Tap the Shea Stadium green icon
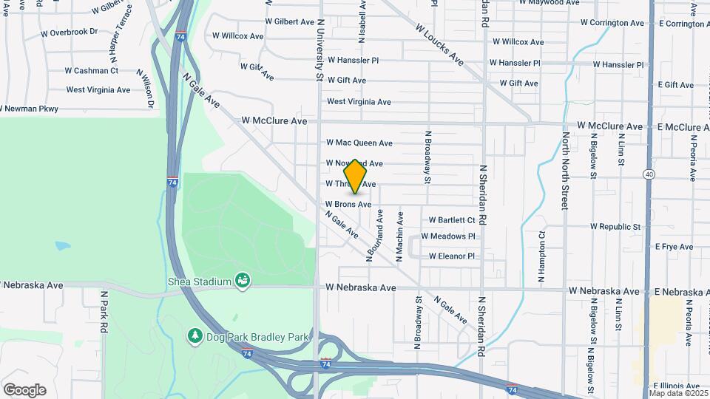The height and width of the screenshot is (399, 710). click(x=241, y=280)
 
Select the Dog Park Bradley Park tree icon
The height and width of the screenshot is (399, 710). click(x=195, y=336)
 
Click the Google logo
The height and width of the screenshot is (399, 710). click(x=24, y=390)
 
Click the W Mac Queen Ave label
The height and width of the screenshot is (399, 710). click(x=359, y=143)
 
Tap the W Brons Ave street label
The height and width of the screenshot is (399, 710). click(x=348, y=204)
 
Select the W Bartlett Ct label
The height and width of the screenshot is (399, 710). click(x=452, y=220)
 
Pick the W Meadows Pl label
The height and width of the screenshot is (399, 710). click(x=448, y=236)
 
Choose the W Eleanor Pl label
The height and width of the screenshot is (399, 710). click(x=451, y=256)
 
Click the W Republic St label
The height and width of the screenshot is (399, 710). click(x=615, y=226)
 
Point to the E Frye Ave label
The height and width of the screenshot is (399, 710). click(x=675, y=246)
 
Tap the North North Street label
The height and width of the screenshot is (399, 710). click(x=565, y=167)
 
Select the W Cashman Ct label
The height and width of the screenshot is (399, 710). click(x=92, y=71)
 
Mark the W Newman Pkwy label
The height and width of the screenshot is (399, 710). click(x=29, y=109)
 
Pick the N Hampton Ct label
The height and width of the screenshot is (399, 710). click(x=541, y=256)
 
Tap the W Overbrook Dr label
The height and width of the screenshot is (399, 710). click(x=69, y=33)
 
